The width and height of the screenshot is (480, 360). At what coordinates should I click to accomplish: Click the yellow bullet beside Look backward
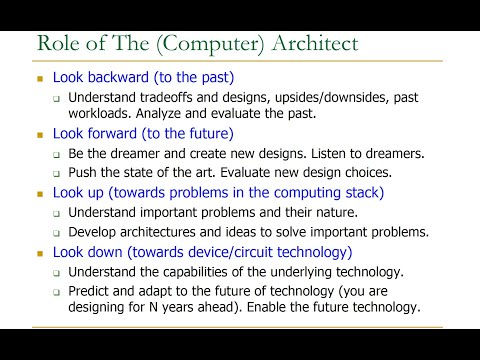click(40, 78)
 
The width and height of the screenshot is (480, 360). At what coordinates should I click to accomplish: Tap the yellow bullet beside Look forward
click(40, 134)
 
